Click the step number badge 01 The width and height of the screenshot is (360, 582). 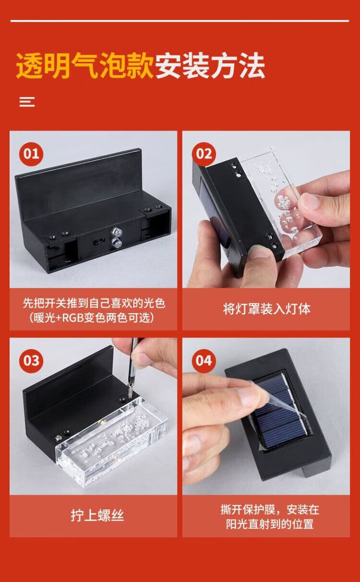click(x=31, y=154)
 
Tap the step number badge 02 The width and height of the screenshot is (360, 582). click(x=204, y=154)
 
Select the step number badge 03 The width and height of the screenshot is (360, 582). click(x=31, y=361)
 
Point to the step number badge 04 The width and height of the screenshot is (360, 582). click(x=204, y=361)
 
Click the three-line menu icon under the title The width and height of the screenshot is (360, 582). click(x=27, y=102)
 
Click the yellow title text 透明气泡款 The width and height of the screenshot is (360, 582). click(x=85, y=66)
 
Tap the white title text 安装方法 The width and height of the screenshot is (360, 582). click(x=210, y=66)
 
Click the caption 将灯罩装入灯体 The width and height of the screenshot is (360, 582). click(x=266, y=309)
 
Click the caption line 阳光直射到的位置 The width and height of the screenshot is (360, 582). click(x=270, y=524)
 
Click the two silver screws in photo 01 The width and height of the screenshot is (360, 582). click(x=115, y=237)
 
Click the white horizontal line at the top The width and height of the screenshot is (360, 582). click(x=180, y=21)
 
